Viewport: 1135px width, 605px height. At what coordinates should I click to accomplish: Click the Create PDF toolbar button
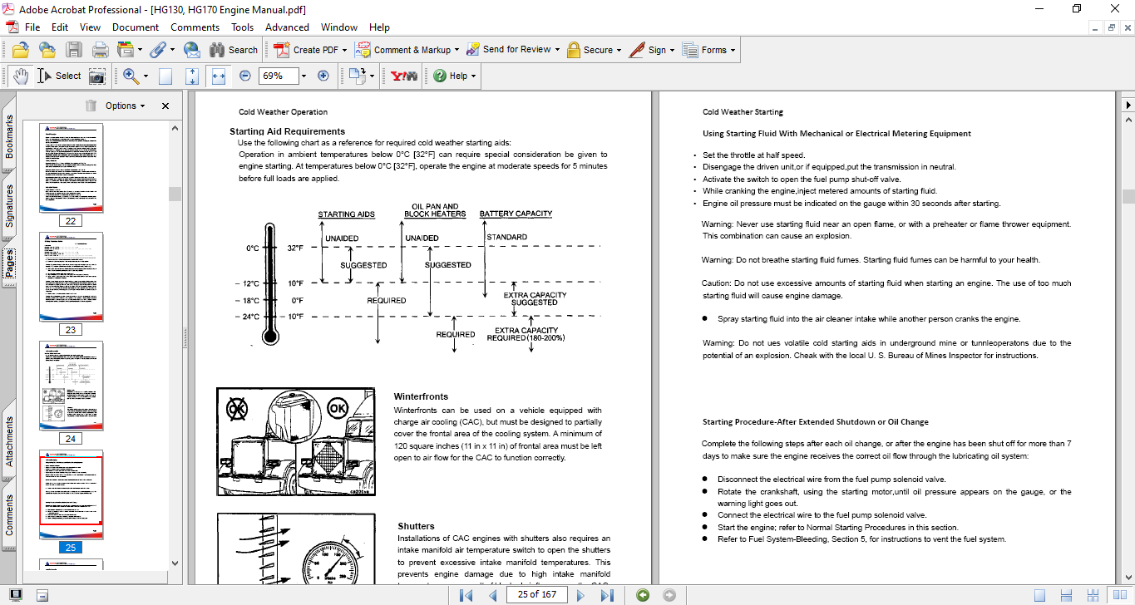tap(307, 50)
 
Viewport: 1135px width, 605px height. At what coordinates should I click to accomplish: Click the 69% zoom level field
tap(277, 76)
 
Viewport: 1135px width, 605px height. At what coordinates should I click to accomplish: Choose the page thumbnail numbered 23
tap(72, 276)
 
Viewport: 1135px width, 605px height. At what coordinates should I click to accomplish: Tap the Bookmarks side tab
tap(9, 136)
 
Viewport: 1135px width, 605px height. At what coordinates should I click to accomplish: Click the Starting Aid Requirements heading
tap(287, 131)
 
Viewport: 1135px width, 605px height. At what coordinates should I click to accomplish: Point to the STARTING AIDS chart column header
tap(346, 214)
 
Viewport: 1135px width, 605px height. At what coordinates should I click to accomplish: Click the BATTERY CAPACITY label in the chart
tap(516, 214)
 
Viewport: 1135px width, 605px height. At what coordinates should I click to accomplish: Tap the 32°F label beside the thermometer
tap(296, 248)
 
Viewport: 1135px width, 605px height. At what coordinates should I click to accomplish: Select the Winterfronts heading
tap(421, 396)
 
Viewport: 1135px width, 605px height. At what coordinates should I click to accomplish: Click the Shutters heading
tap(416, 526)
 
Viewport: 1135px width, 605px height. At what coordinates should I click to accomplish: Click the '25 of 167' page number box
tap(536, 594)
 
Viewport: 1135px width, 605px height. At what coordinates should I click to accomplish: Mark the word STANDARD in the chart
tap(506, 238)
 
